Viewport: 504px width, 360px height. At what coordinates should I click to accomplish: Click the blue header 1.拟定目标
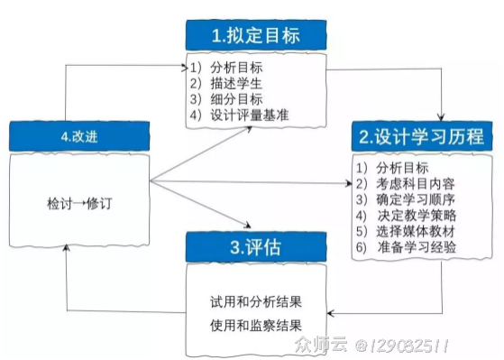tap(254, 36)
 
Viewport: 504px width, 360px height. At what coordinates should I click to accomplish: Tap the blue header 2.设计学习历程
tap(421, 137)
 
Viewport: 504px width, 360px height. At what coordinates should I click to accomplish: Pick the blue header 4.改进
tap(79, 136)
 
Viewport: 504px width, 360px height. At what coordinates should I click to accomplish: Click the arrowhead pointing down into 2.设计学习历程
tap(441, 117)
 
